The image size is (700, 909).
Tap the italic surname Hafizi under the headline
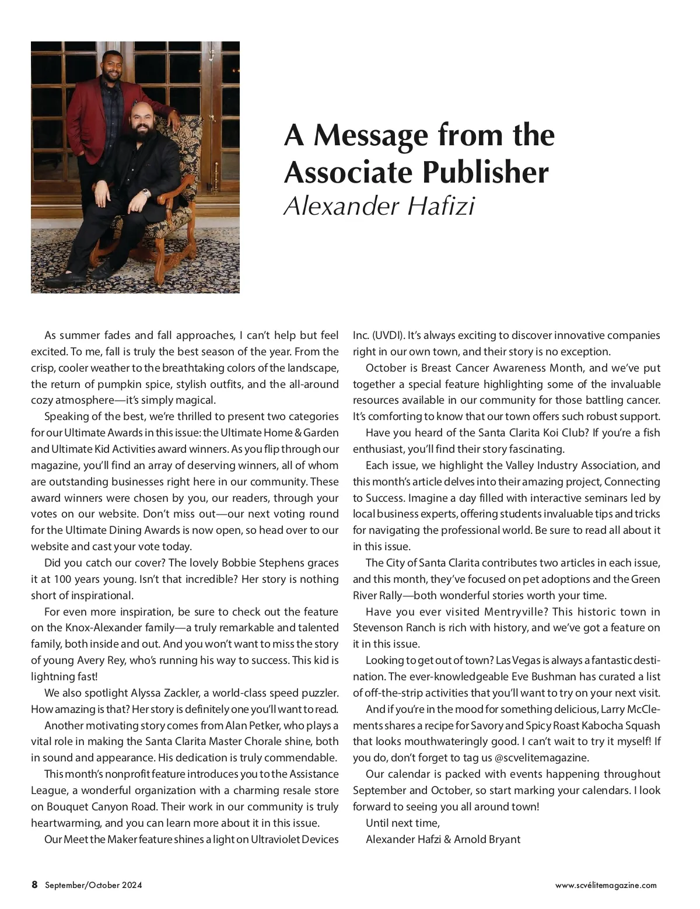point(440,206)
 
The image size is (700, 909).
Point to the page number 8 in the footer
point(34,884)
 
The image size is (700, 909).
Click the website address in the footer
point(605,885)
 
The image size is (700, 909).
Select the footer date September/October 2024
point(93,885)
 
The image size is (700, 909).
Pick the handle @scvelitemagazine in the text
point(542,758)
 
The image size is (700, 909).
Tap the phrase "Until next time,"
point(402,823)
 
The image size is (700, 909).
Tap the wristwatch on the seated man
point(145,191)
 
